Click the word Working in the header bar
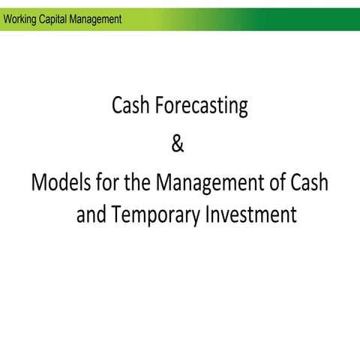tap(21, 19)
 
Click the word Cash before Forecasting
tap(131, 106)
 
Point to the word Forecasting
tap(201, 108)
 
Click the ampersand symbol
tap(177, 145)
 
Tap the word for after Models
tap(106, 181)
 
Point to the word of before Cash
tap(279, 181)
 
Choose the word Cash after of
tap(311, 181)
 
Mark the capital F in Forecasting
tap(159, 106)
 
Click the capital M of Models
tap(39, 181)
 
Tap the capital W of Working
tap(7, 19)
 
